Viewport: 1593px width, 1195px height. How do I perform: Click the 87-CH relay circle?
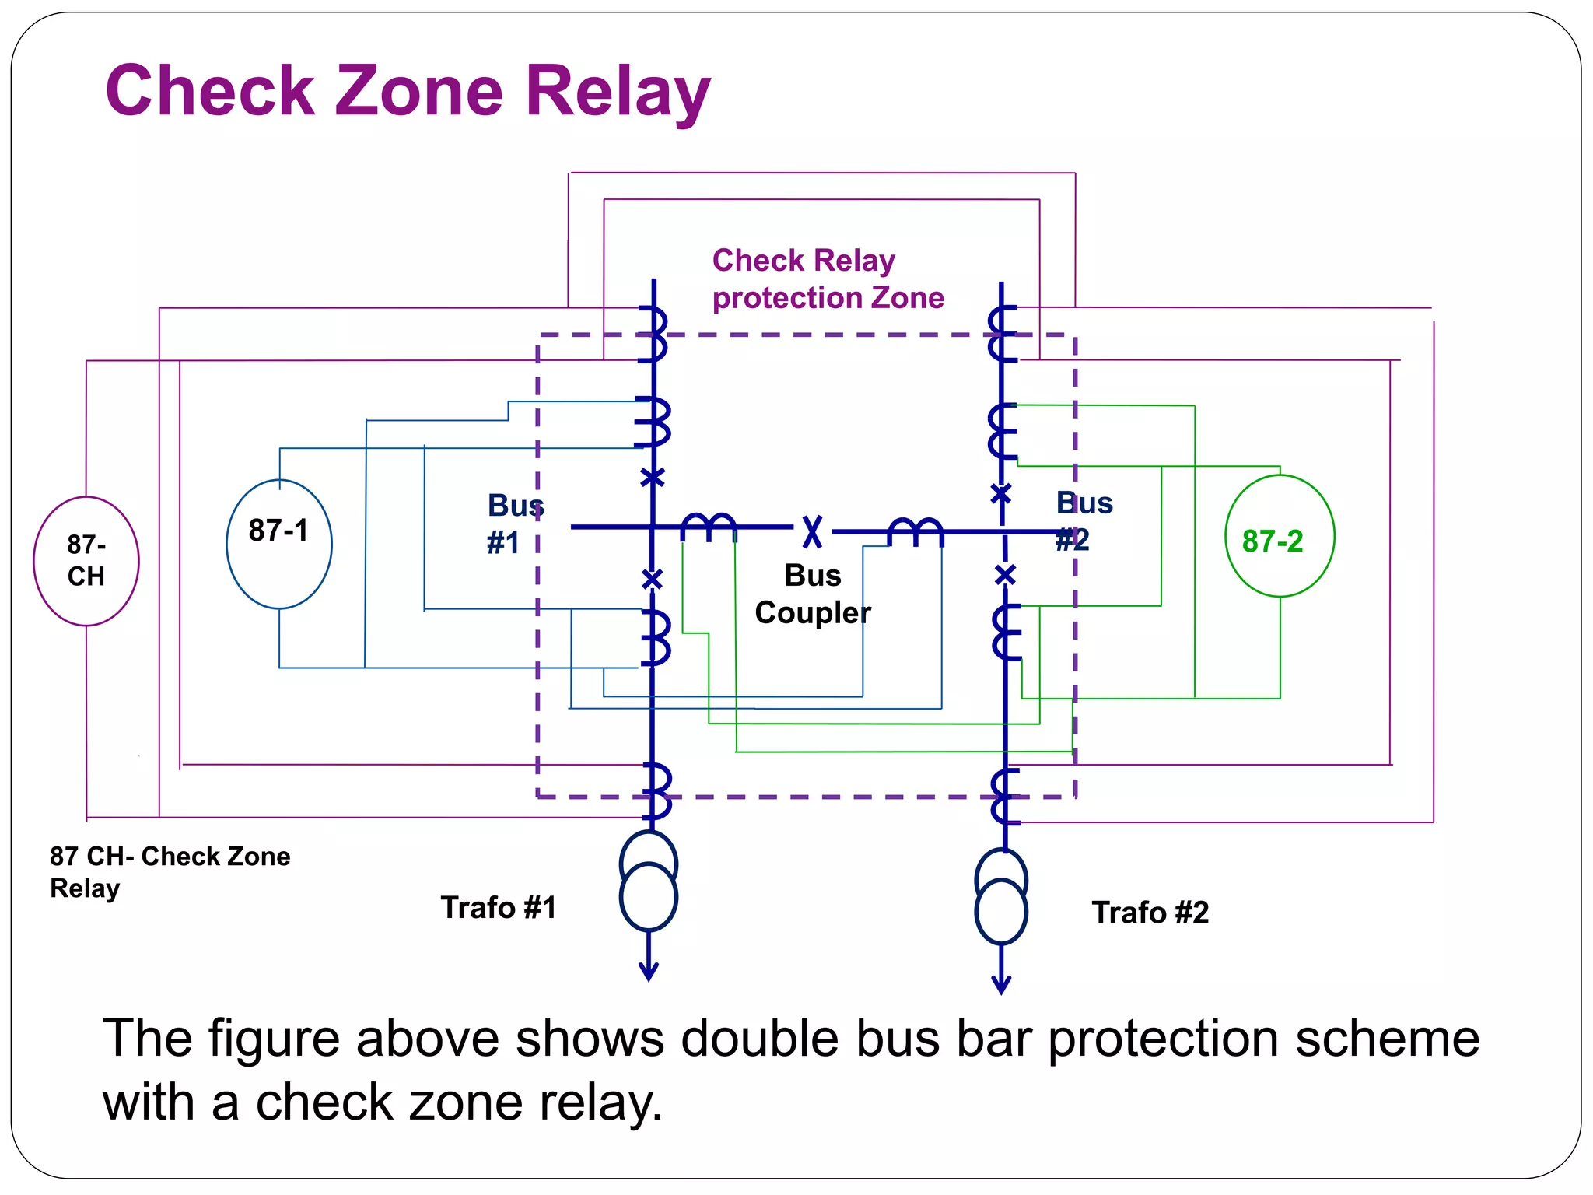point(86,561)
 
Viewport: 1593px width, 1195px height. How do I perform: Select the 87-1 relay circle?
point(279,544)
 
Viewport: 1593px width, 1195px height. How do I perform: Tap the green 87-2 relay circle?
point(1280,536)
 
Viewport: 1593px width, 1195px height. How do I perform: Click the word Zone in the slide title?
point(418,91)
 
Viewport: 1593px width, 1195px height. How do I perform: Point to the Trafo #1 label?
point(499,907)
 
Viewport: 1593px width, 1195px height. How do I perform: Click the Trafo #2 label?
point(1150,913)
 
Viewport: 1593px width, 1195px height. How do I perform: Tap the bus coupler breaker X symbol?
point(812,531)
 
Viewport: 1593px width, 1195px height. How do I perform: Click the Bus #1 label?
point(514,524)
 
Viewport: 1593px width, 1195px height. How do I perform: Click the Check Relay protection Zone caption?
point(828,279)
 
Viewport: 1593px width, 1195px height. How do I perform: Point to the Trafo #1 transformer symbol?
point(649,881)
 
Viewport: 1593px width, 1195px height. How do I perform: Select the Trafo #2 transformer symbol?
point(1001,896)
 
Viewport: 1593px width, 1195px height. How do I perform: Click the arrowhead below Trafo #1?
point(649,972)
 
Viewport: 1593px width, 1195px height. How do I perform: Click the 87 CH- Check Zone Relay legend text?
point(170,871)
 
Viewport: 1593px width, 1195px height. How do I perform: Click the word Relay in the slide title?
point(618,91)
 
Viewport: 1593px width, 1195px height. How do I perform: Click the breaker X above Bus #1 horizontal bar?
point(653,477)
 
